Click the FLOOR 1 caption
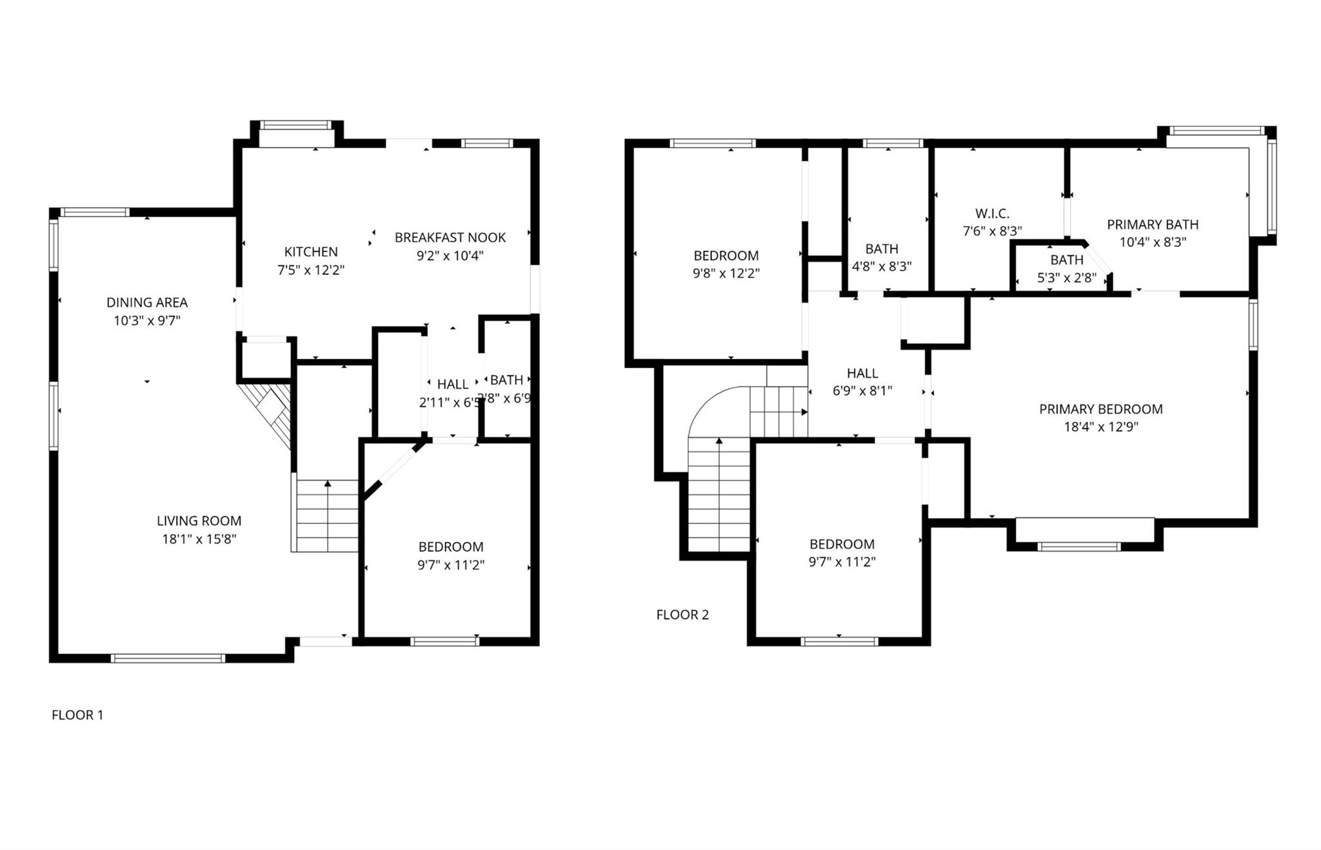[77, 715]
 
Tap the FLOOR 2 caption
[682, 615]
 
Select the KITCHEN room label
[311, 252]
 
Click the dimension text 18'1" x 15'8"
[199, 539]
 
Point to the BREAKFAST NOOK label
[450, 238]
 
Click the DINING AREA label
[147, 302]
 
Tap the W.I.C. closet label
[992, 213]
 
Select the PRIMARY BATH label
[1153, 225]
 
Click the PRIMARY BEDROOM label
[1100, 409]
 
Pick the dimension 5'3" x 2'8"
[1066, 278]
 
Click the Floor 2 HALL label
[862, 373]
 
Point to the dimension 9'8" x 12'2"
[726, 273]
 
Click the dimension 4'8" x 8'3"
[882, 267]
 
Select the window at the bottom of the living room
[168, 658]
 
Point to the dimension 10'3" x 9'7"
[147, 320]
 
